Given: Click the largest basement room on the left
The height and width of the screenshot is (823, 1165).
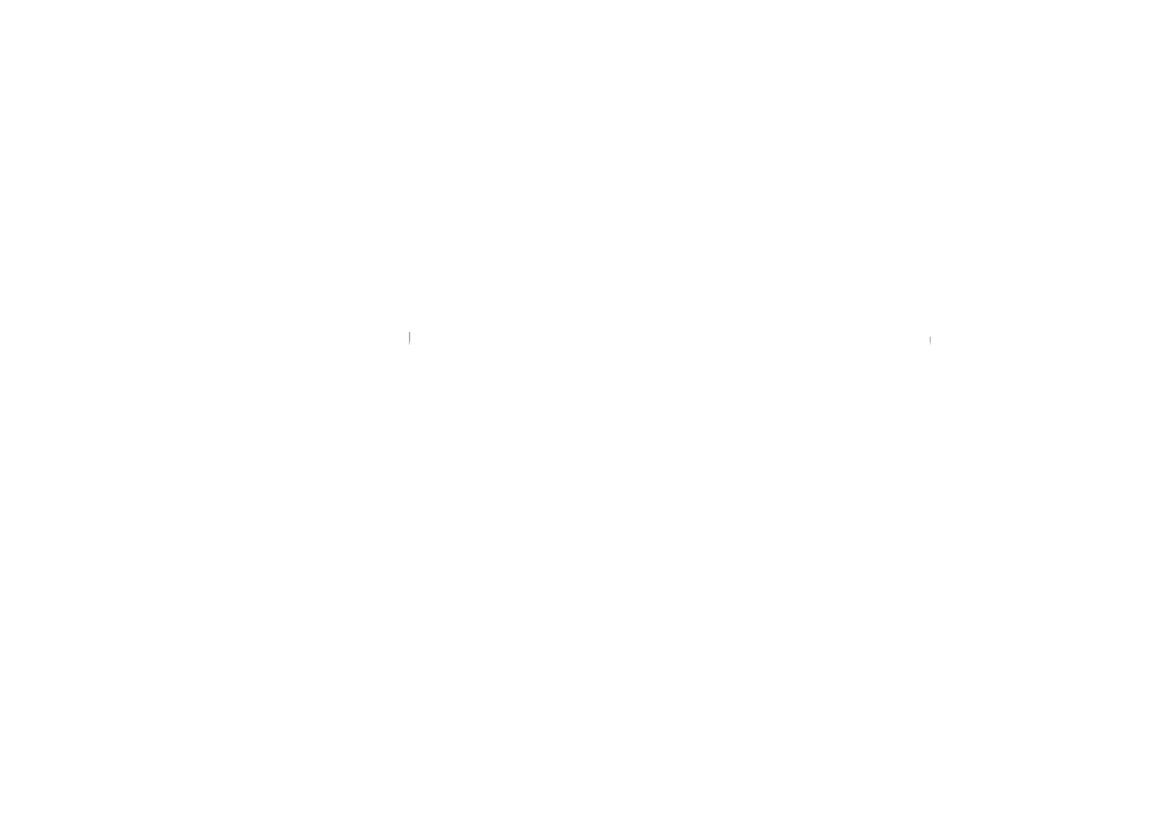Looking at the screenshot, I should [x=507, y=402].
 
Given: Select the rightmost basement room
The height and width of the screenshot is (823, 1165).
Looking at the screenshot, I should [x=722, y=402].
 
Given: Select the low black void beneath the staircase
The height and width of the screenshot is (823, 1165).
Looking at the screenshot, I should [x=355, y=439].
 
